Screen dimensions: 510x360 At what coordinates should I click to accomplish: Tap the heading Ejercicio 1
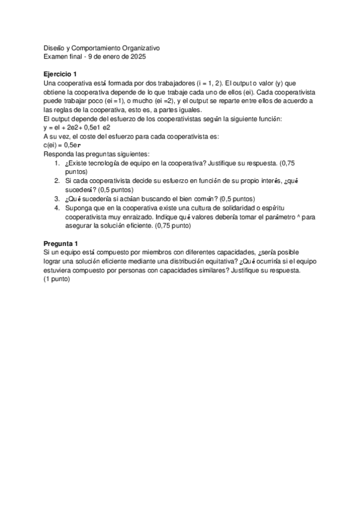click(61, 73)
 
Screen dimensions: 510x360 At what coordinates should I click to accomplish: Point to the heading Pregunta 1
click(61, 242)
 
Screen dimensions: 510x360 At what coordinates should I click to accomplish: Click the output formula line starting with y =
click(76, 127)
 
